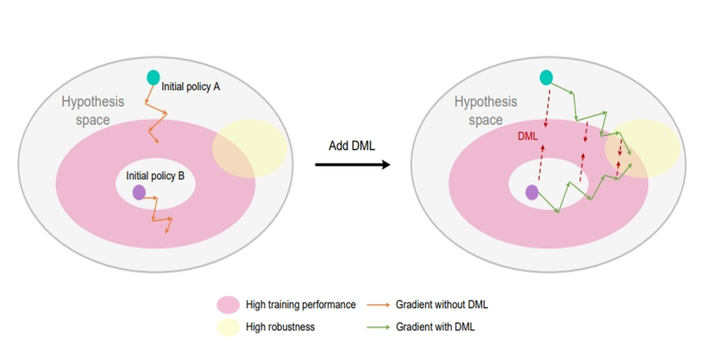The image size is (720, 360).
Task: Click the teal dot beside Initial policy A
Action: point(153,77)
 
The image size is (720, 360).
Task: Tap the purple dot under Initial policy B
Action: point(139,192)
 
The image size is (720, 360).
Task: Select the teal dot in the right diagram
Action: point(546,77)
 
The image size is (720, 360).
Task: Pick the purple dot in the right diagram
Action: point(532,192)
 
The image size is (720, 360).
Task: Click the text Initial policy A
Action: point(191,86)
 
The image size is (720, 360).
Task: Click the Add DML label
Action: point(351,145)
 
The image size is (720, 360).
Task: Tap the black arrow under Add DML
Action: point(352,165)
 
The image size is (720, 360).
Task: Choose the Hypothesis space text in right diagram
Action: point(486,110)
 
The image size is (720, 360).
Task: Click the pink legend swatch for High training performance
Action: point(228,305)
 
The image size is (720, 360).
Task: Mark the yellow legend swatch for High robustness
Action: point(228,326)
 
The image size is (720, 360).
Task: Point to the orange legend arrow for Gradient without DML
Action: point(378,305)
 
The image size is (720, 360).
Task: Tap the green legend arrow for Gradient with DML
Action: point(378,326)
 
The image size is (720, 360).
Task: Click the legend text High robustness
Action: point(280,326)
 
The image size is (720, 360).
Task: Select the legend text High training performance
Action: point(300,305)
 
